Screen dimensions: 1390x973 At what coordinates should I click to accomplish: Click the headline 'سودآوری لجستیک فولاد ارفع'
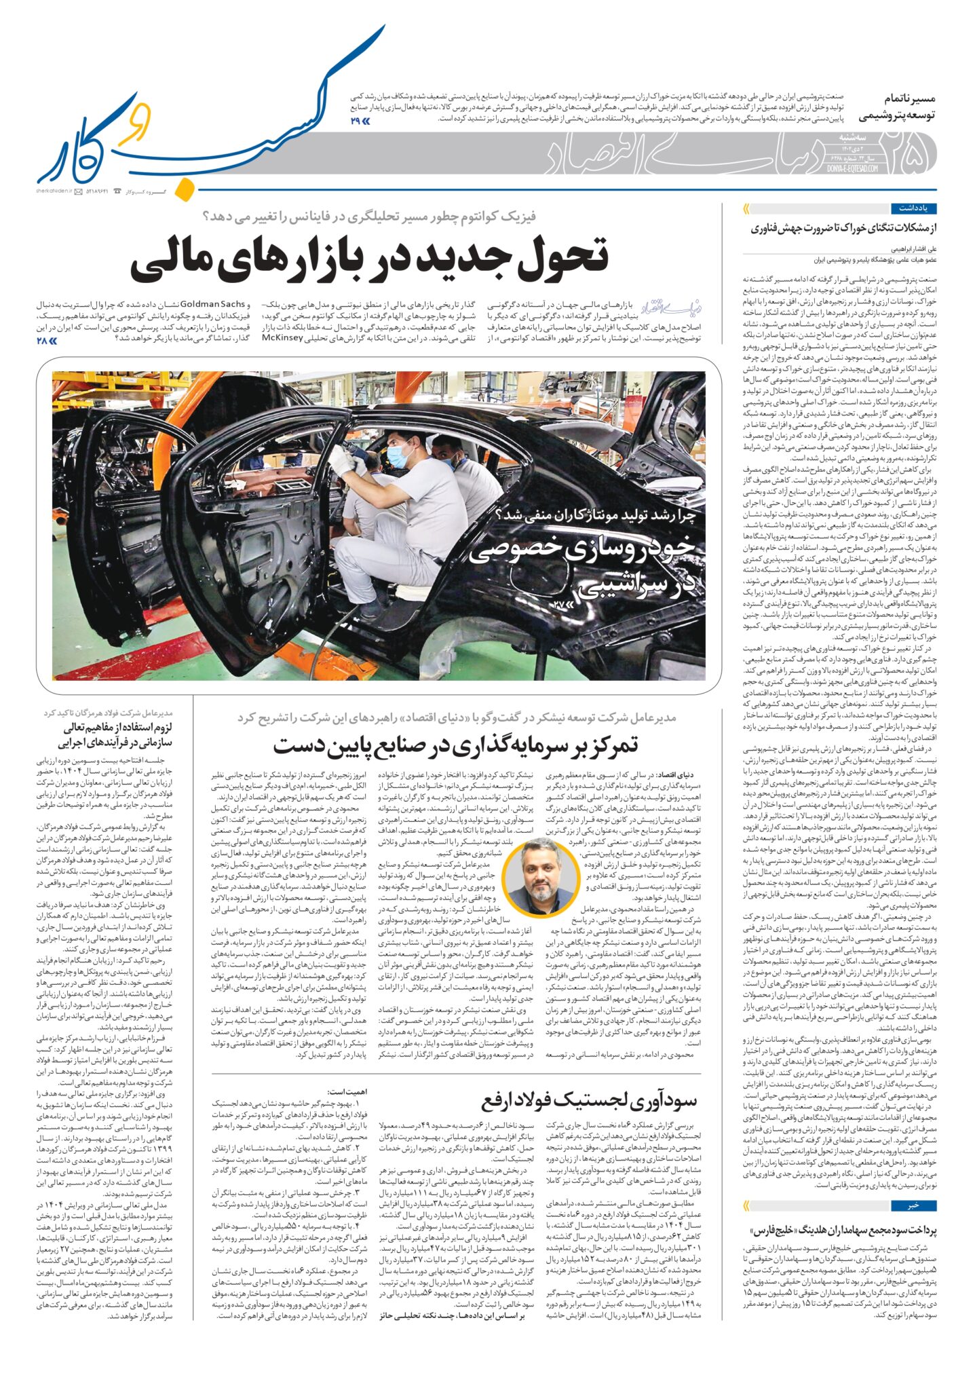(x=589, y=1100)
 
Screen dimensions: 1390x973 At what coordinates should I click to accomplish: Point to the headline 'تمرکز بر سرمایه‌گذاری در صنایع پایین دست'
(x=456, y=745)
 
